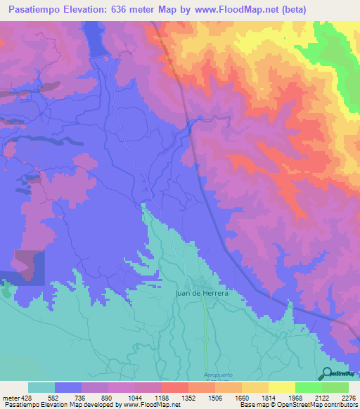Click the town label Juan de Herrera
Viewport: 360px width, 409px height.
(x=203, y=296)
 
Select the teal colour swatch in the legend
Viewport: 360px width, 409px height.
(x=41, y=387)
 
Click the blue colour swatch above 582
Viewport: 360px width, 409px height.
(x=68, y=387)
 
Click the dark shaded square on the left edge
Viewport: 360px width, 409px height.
(x=28, y=268)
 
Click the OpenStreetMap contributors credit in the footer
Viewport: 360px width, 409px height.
(x=317, y=405)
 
